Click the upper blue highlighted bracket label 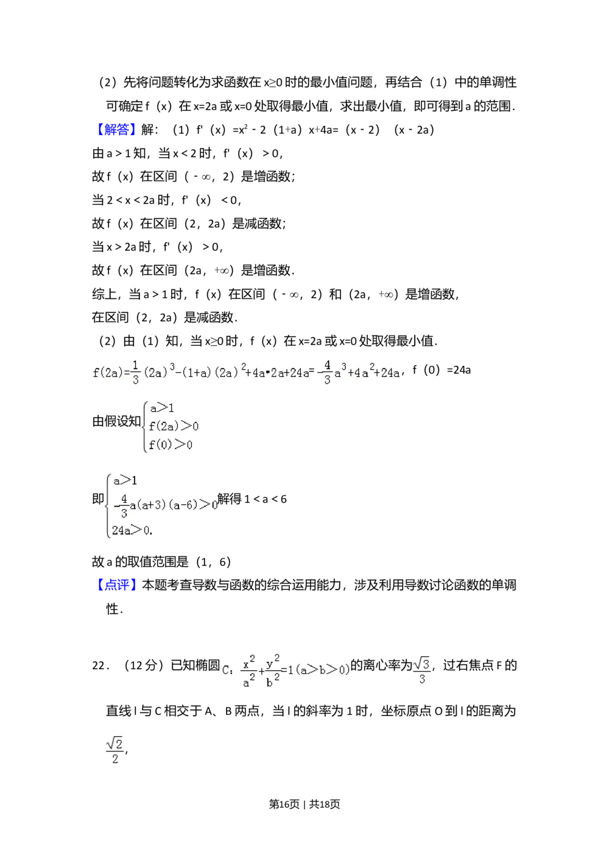116,129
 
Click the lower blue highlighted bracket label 116,585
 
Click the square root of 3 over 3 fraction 421,670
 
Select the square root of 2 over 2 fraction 114,750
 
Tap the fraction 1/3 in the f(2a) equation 135,373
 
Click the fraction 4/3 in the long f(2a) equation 327,373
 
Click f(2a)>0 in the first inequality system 173,426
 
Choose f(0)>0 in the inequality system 171,445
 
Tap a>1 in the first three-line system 162,408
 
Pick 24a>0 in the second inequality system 132,530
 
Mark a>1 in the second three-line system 125,481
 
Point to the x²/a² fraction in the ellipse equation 248,670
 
